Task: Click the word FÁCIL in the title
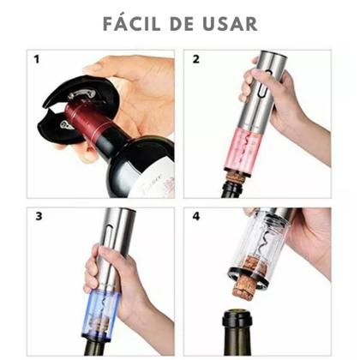(x=131, y=23)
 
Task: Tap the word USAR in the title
(x=230, y=24)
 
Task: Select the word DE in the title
(x=182, y=24)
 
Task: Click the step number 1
(x=37, y=59)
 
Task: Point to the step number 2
(x=195, y=59)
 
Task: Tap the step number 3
(x=39, y=216)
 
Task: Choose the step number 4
(x=196, y=216)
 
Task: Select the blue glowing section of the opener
(x=102, y=315)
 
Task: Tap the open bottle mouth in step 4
(x=237, y=314)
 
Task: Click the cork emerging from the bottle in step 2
(x=234, y=177)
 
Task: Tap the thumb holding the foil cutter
(x=97, y=68)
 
